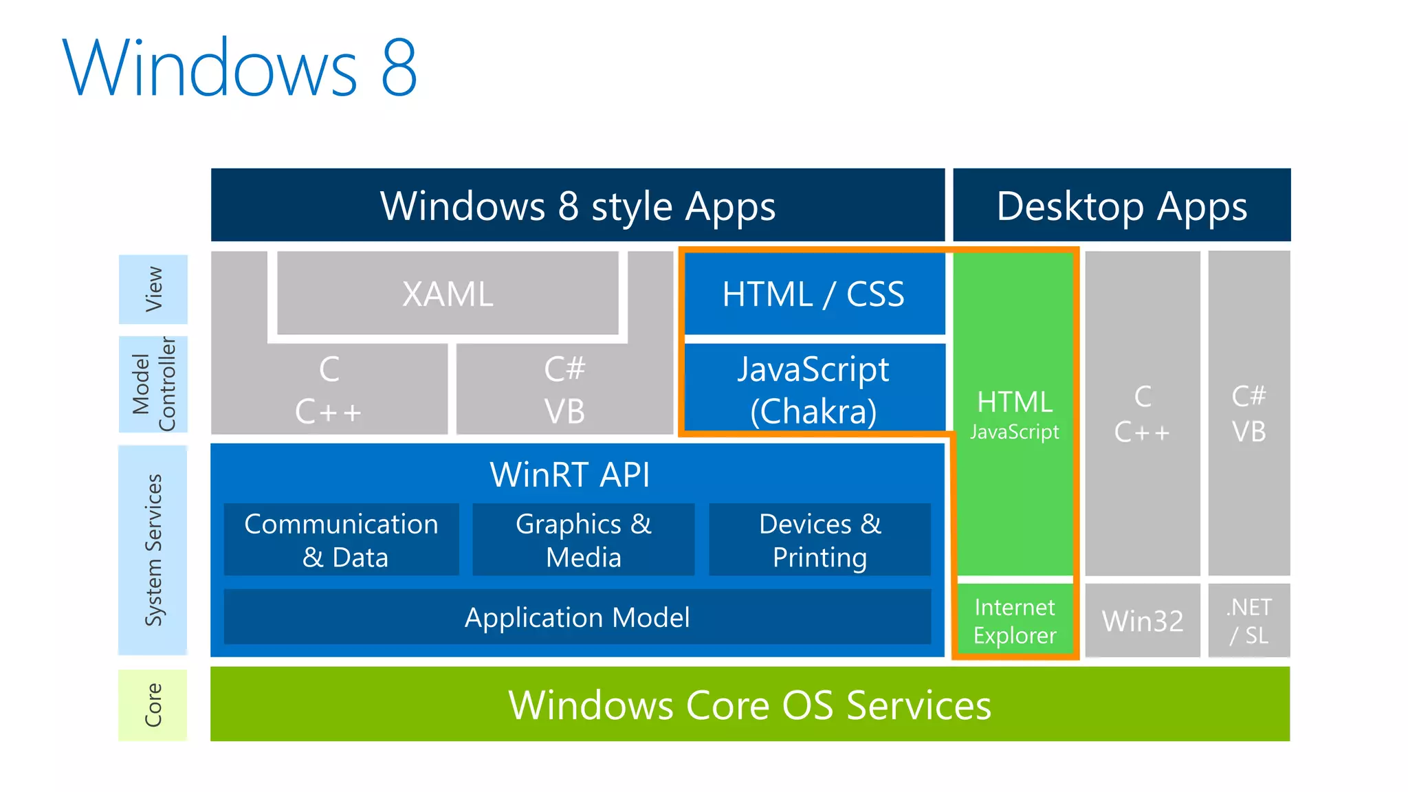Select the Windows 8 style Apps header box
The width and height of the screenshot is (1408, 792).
coord(577,205)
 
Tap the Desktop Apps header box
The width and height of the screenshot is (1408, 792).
coord(1121,205)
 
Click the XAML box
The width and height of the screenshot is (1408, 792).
coord(448,294)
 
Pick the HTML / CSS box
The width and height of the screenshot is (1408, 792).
coord(814,294)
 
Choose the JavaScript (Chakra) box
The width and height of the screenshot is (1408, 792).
coord(814,389)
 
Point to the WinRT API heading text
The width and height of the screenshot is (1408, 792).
coord(569,474)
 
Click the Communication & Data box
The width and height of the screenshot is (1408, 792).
coord(342,540)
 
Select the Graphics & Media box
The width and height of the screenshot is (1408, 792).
coord(583,540)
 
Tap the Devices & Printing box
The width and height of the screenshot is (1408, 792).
coord(819,540)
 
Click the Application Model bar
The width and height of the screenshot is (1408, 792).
coord(577,617)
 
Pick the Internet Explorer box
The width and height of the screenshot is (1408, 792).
coord(1015,621)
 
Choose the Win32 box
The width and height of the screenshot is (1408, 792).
coord(1143,621)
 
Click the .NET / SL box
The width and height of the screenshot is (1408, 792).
coord(1249,621)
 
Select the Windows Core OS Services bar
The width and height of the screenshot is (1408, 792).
coord(749,704)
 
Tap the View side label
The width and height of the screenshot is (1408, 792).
coord(153,289)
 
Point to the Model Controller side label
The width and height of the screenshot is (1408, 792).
coord(153,384)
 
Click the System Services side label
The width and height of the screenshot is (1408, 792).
coord(153,550)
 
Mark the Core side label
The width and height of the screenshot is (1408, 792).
coord(153,705)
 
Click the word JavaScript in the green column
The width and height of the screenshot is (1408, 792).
coord(1015,432)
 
